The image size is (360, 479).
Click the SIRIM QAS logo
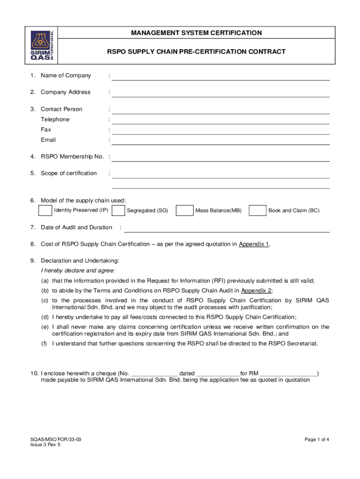point(43,45)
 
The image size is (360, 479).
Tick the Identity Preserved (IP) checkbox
point(45,210)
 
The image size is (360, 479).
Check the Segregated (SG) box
point(118,210)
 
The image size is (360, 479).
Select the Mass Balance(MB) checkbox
point(185,210)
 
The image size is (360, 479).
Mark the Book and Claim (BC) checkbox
point(258,210)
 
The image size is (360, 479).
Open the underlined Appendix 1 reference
point(254,244)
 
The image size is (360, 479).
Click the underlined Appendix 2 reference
point(256,290)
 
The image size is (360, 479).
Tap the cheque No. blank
point(154,374)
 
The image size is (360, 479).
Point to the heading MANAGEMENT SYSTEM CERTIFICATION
point(196,33)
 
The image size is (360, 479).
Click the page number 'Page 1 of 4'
point(317,439)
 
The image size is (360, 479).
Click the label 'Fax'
point(46,130)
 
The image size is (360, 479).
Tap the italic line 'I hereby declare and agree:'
point(78,270)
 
